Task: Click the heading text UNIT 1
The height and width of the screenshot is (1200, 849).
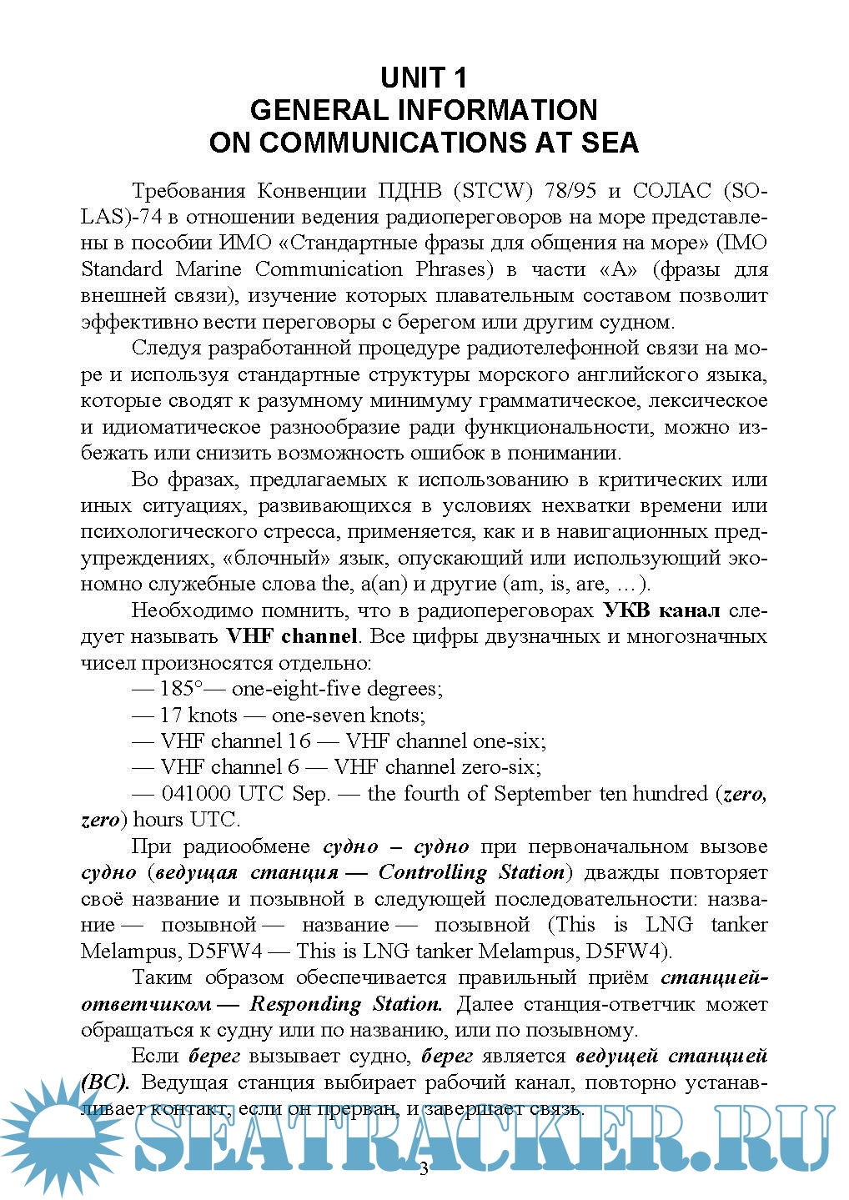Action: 424,78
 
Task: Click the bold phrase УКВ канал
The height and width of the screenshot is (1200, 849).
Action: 661,610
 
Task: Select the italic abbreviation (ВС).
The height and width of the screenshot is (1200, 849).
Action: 105,1082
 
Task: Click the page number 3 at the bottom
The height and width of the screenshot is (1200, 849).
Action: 424,1169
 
